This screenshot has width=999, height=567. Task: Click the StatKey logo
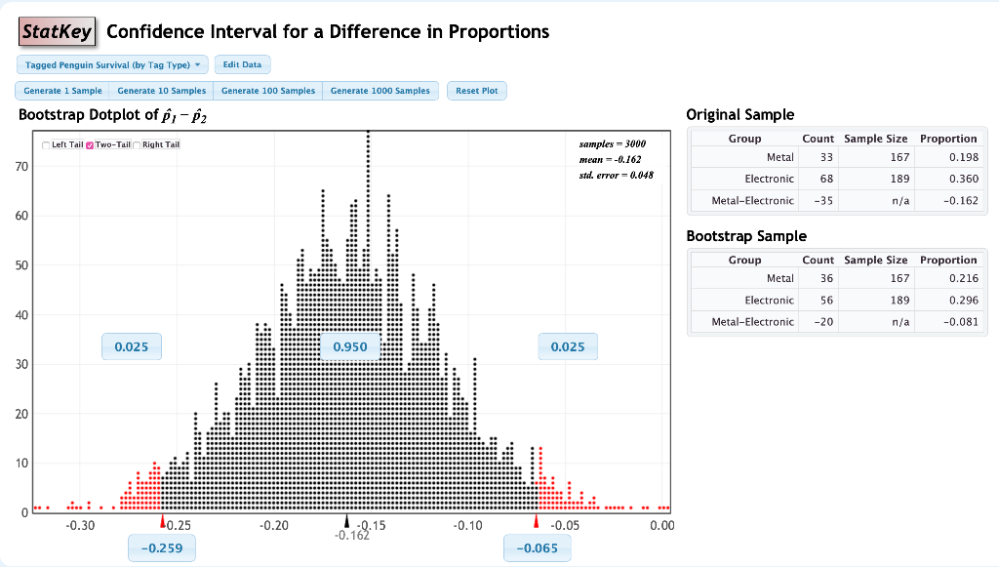[58, 32]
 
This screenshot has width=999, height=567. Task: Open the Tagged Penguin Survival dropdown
[112, 64]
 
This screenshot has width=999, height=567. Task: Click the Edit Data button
[242, 64]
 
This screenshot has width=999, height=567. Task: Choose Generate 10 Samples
[162, 91]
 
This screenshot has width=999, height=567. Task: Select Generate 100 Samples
[268, 91]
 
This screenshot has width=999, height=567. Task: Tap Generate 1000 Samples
[380, 91]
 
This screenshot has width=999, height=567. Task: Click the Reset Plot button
[476, 91]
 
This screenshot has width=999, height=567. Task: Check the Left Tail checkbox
[46, 145]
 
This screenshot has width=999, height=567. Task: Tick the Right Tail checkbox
[138, 145]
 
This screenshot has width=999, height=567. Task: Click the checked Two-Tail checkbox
[90, 145]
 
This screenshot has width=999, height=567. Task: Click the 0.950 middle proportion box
[350, 346]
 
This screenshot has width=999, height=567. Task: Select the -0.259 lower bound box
[162, 548]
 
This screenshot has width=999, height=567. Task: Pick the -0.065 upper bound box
[537, 548]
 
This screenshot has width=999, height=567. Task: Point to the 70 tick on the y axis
[22, 167]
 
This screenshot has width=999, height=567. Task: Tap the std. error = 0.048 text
[616, 175]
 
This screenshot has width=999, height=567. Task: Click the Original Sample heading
[740, 114]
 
